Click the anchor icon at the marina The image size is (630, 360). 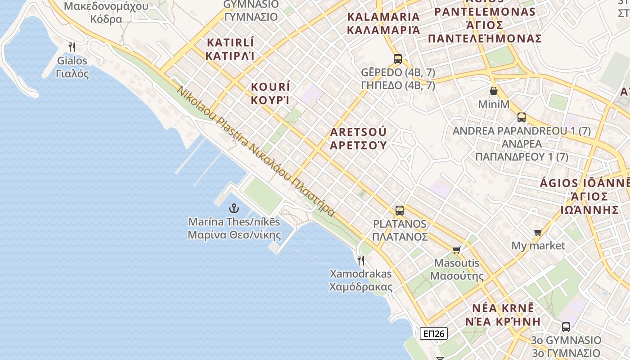pyautogui.click(x=234, y=208)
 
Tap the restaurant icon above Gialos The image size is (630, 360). pyautogui.click(x=72, y=46)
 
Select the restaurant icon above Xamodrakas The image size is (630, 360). pyautogui.click(x=360, y=260)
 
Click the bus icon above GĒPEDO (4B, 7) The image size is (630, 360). pyautogui.click(x=398, y=58)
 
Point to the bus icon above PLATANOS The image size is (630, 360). pyautogui.click(x=400, y=210)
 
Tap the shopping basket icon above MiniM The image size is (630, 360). pyautogui.click(x=494, y=91)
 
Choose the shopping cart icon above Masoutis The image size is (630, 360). pyautogui.click(x=457, y=250)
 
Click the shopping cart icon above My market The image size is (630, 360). pyautogui.click(x=538, y=232)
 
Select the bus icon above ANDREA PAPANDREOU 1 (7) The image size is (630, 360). pyautogui.click(x=522, y=117)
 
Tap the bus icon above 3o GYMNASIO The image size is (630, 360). pyautogui.click(x=566, y=327)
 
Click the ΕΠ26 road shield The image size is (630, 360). pyautogui.click(x=434, y=333)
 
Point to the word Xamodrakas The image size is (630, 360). pyautogui.click(x=361, y=274)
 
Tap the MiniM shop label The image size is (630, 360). pyautogui.click(x=494, y=104)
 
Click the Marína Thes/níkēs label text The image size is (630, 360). pyautogui.click(x=234, y=222)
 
